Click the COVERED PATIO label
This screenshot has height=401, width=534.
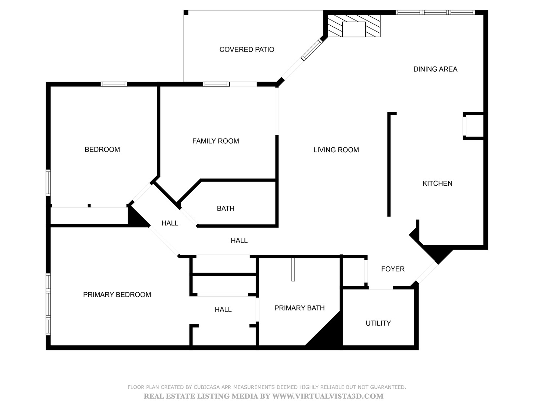(247, 50)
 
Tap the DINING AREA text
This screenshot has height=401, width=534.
(435, 69)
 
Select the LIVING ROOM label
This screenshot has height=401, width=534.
(336, 150)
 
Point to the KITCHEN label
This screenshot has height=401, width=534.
(438, 183)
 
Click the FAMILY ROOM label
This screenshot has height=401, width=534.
(215, 141)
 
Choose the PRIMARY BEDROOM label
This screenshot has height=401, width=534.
(117, 295)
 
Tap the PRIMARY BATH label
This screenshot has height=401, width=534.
(300, 308)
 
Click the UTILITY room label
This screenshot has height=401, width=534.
(378, 323)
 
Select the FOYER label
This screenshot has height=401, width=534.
(393, 269)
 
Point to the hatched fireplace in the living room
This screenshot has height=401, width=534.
(354, 26)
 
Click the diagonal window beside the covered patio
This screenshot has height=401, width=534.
(311, 50)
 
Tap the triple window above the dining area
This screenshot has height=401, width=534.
(435, 12)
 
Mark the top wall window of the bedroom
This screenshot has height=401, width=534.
(114, 84)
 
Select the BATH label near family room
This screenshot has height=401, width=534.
(225, 209)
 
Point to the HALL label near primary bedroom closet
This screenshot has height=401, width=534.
(223, 310)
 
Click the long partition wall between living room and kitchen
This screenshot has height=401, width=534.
(389, 164)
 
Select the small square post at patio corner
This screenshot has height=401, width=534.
(186, 12)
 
